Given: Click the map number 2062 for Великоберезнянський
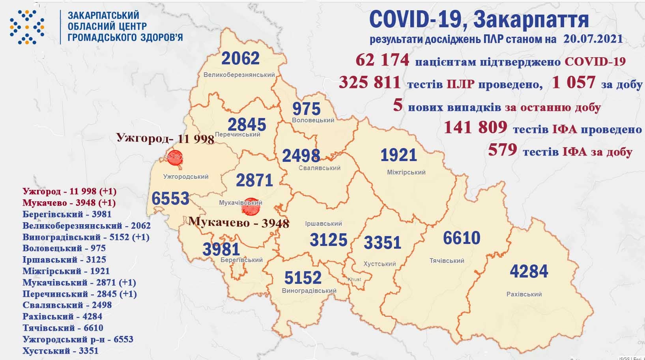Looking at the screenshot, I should (x=241, y=58).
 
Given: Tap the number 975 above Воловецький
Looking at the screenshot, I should (x=307, y=109).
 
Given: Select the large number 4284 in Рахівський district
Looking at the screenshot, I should (x=529, y=271).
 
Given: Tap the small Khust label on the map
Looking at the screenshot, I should (x=354, y=279).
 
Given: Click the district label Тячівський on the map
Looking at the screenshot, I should (x=447, y=261).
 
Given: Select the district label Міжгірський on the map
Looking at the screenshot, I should (x=406, y=172).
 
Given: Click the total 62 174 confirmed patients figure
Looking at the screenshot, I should (x=382, y=60).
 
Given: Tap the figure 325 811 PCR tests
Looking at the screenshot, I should (x=370, y=82).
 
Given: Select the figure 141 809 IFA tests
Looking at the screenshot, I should (x=475, y=127).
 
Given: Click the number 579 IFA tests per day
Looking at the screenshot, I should (x=502, y=150).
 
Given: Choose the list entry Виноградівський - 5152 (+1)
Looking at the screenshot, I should (x=86, y=237).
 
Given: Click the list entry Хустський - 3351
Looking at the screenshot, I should (x=60, y=351).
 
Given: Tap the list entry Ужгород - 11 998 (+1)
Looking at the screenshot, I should (x=69, y=191).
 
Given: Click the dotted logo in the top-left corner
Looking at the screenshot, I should (x=27, y=26).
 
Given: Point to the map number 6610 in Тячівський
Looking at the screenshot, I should (x=462, y=238).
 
